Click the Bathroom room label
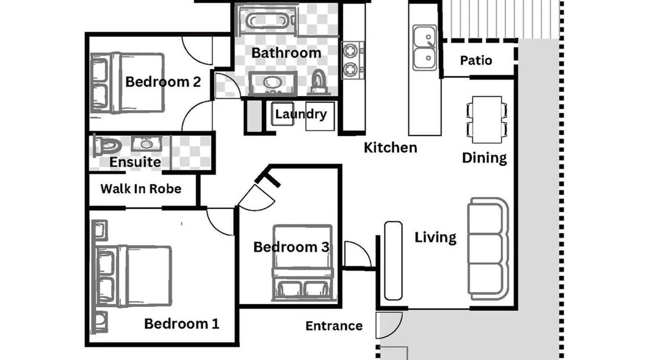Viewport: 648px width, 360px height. point(286,53)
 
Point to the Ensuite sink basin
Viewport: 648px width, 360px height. point(146,143)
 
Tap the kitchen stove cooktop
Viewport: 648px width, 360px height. point(352,60)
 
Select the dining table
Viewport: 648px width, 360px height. point(487,120)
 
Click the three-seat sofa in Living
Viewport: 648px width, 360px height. point(488,248)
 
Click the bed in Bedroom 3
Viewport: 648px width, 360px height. point(302,263)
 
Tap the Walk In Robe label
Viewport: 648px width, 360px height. point(141,189)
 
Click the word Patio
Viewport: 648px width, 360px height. point(476,60)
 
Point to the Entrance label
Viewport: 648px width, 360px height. point(334,326)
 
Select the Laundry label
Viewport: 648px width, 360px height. point(301,114)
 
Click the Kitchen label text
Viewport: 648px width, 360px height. point(390,148)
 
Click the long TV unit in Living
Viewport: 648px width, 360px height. point(393,261)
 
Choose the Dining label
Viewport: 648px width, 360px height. point(484,158)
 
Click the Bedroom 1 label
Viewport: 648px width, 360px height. point(182,324)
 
